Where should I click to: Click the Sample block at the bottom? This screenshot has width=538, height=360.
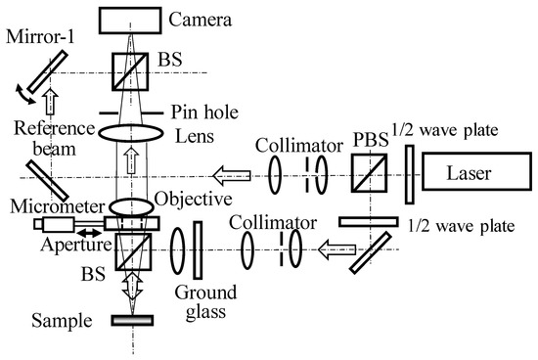(x=132, y=319)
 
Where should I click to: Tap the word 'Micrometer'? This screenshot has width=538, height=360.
(x=45, y=204)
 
